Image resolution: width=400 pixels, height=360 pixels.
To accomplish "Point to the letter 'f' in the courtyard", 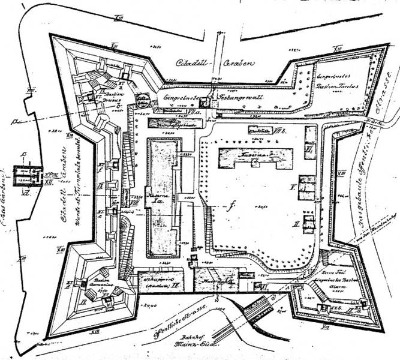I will tap(230, 206).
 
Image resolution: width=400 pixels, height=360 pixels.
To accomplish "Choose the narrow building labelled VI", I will tap(310, 140).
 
